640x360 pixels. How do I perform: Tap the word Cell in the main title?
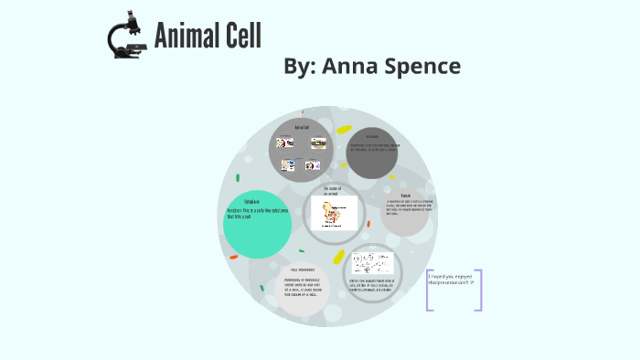coord(241,36)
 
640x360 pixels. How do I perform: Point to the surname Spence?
coord(425,66)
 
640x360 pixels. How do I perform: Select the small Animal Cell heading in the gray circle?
coord(302,127)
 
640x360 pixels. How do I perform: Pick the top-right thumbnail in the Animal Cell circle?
coord(318,143)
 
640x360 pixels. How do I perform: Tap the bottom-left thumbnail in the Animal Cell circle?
coord(287,165)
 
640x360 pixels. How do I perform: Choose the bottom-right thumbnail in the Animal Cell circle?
coord(311,165)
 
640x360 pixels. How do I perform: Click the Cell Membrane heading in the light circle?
coord(303,270)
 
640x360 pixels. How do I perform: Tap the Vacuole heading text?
coord(405,196)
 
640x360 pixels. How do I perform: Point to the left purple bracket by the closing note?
coord(429,290)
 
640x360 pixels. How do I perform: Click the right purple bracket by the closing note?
coord(478,290)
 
